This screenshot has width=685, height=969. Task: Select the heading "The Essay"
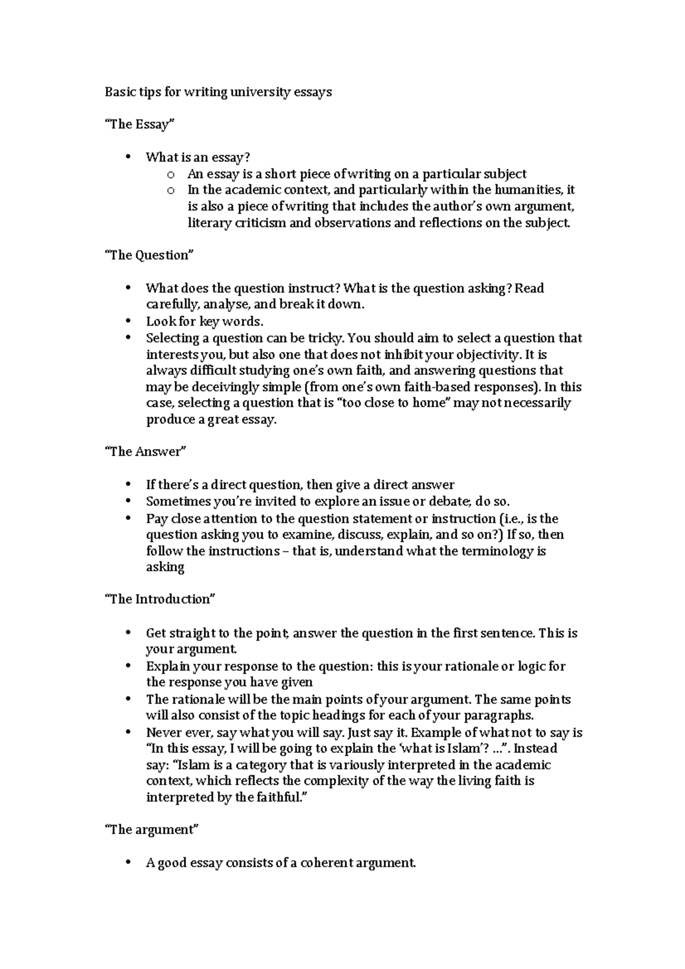click(x=138, y=124)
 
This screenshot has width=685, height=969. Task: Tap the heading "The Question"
click(x=149, y=255)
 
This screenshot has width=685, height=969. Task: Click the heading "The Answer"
click(x=146, y=451)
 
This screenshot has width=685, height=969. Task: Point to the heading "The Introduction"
click(x=160, y=599)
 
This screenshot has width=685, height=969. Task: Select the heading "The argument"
click(x=151, y=830)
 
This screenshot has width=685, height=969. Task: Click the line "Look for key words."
click(x=204, y=321)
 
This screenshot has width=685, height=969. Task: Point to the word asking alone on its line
click(x=165, y=567)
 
